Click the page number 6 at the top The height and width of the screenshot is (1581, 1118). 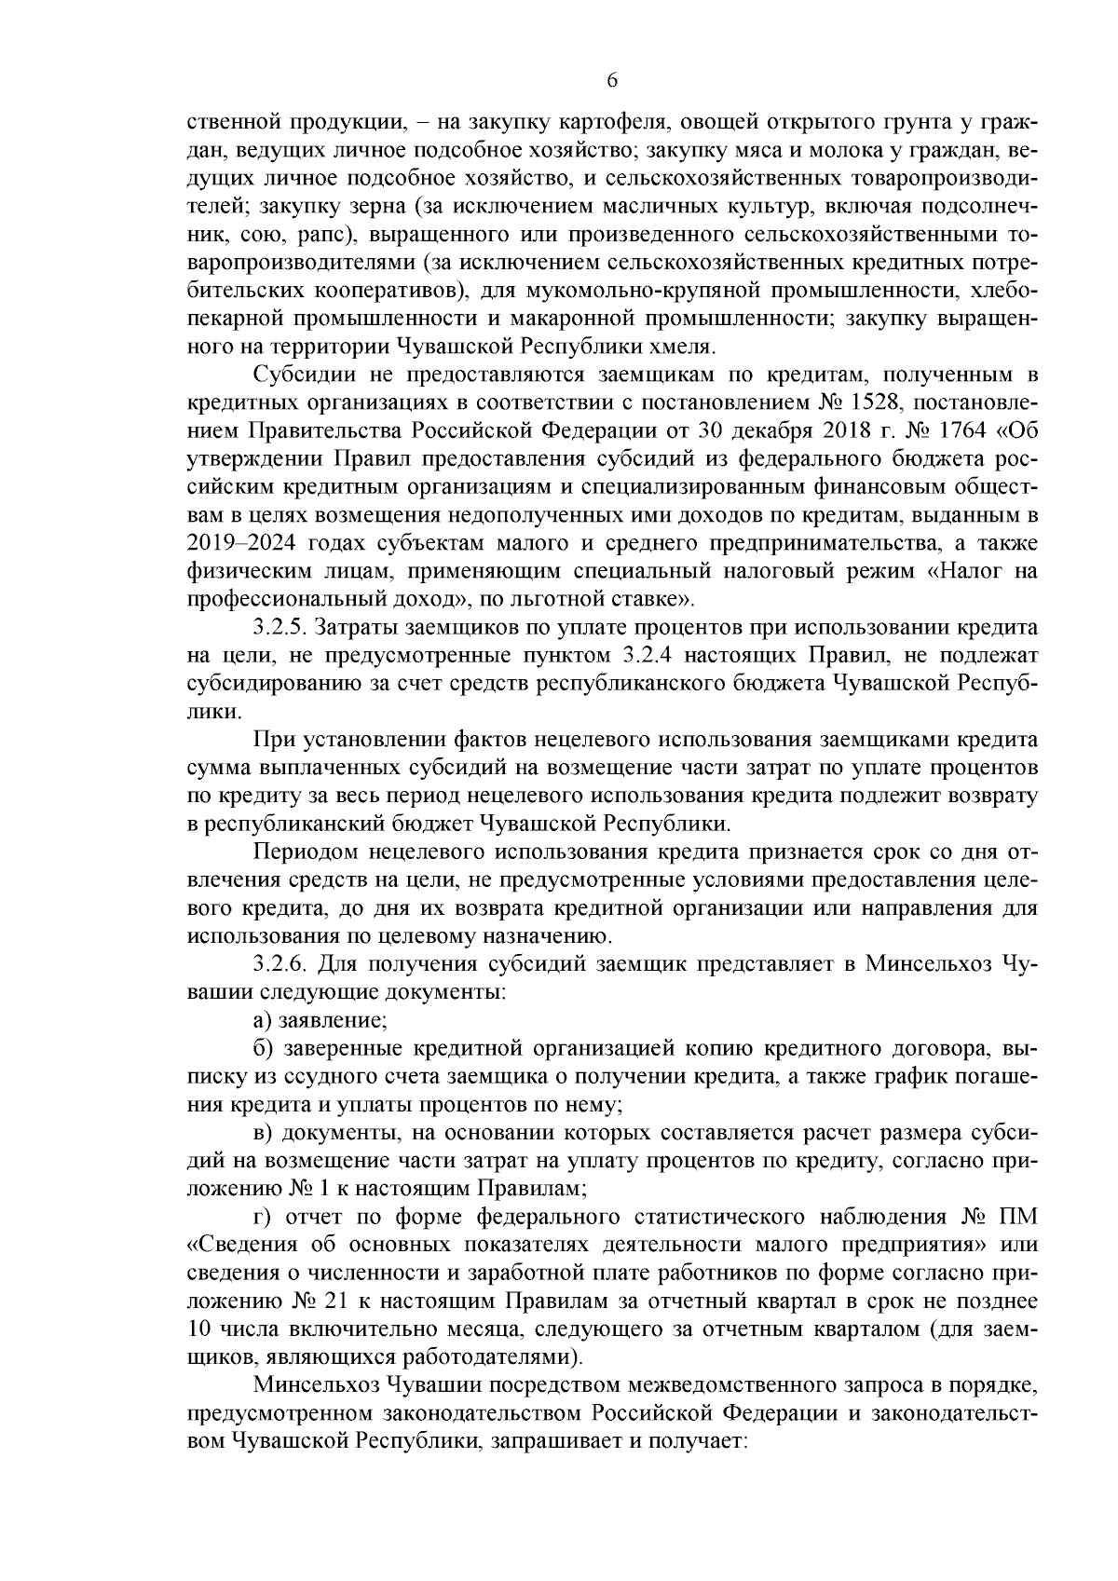point(612,81)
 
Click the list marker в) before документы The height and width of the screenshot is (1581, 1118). point(263,1132)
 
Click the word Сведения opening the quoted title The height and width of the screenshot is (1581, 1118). point(246,1244)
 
